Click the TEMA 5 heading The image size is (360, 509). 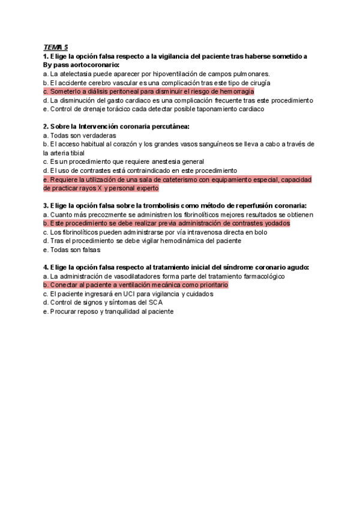pyautogui.click(x=56, y=47)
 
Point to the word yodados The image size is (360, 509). pyautogui.click(x=275, y=223)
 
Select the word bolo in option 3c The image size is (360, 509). pyautogui.click(x=260, y=232)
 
